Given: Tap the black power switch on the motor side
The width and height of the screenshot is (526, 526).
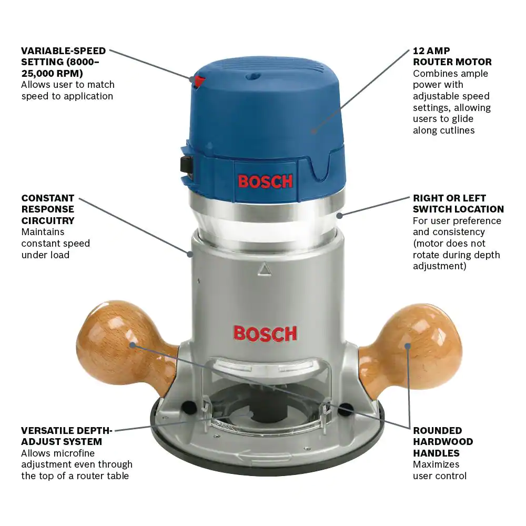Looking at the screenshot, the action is (187, 165).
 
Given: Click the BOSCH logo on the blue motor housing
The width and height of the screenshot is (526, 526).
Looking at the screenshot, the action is (265, 181).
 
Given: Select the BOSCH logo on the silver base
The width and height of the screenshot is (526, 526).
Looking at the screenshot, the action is (265, 334).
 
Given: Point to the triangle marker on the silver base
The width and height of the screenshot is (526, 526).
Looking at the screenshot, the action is (265, 269).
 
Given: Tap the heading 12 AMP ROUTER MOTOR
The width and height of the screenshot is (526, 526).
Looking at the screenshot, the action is (452, 56).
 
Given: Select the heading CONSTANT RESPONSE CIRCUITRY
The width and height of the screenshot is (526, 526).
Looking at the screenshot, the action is (48, 209).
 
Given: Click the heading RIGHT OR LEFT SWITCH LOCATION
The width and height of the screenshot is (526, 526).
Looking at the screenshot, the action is (458, 204).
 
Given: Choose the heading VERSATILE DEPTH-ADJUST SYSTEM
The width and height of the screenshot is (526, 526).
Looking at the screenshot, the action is (66, 436).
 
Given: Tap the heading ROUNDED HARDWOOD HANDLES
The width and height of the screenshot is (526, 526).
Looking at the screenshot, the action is (443, 442).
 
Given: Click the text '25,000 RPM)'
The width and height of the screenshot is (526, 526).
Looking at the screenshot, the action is (52, 74).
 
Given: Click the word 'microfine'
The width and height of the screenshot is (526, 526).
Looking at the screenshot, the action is (74, 453).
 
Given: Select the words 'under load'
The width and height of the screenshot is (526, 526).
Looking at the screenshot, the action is (45, 255).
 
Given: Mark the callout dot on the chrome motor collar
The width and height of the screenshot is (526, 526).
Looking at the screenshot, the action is (339, 215).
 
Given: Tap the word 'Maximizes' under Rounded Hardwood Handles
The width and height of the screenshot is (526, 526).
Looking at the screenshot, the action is (436, 464).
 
